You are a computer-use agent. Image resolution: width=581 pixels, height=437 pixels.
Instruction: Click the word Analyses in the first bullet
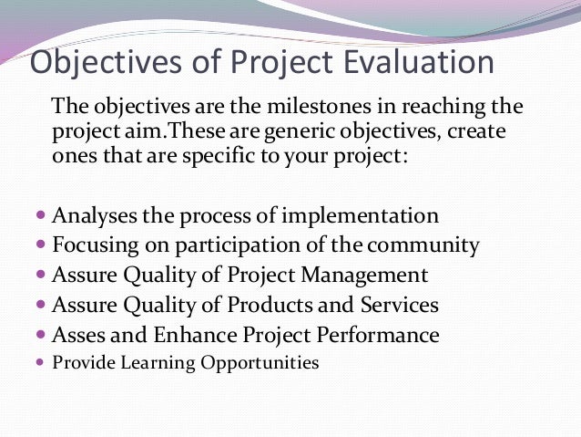(x=94, y=216)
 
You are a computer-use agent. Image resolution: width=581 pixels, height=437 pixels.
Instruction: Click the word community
(x=427, y=245)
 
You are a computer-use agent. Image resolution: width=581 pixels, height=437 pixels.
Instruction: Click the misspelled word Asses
(x=78, y=335)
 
